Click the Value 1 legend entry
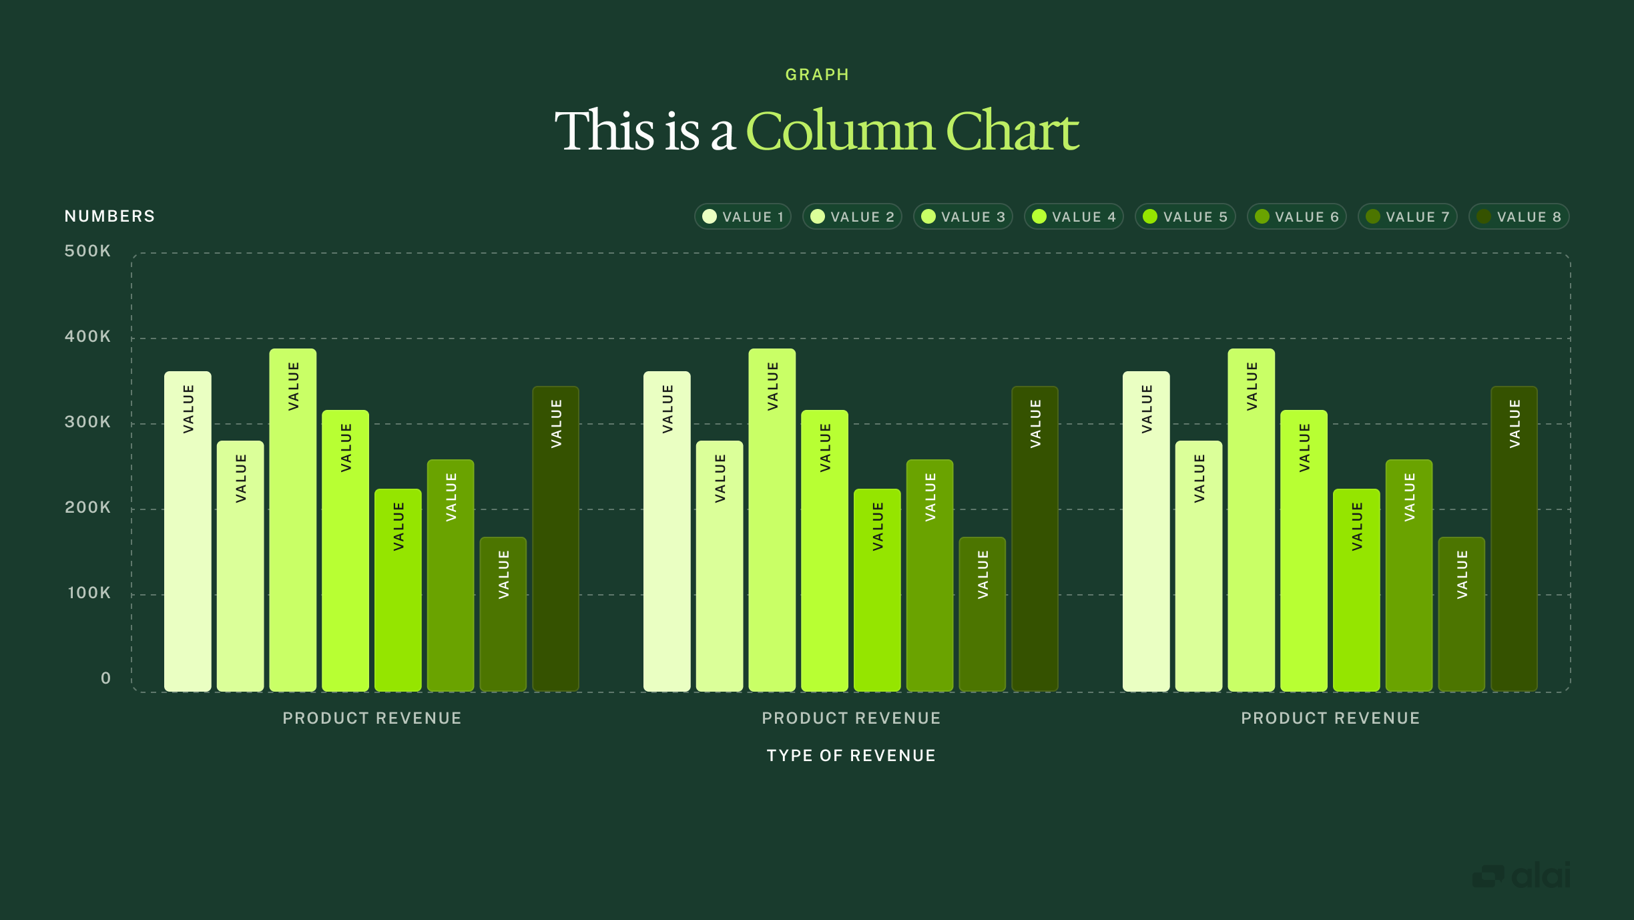point(743,217)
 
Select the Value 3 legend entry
point(963,217)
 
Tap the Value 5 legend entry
point(1185,217)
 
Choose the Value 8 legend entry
point(1519,217)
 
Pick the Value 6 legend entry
point(1297,217)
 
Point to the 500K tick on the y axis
point(87,251)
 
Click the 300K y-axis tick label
point(87,422)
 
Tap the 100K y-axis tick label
point(89,593)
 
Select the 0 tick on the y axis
point(105,678)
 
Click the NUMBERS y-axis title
point(109,216)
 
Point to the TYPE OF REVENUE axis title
point(851,756)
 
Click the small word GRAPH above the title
point(817,75)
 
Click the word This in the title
point(604,131)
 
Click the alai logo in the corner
point(1522,875)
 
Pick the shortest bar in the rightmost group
point(1462,614)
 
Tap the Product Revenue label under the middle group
point(851,718)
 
